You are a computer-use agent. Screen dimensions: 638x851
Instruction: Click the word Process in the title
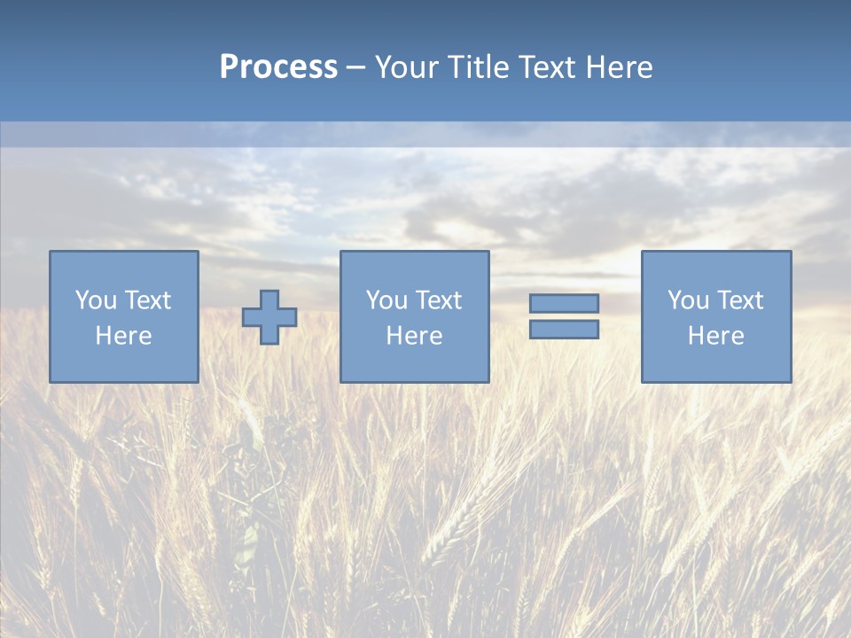click(x=278, y=67)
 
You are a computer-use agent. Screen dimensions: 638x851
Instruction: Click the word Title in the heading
click(x=480, y=67)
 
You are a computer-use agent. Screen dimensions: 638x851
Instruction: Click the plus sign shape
click(x=269, y=317)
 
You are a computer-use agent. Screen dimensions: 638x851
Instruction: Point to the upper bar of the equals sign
click(x=564, y=303)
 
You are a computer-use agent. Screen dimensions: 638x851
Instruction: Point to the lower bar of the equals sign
click(x=564, y=330)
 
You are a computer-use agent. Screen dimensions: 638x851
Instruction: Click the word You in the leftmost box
click(x=96, y=300)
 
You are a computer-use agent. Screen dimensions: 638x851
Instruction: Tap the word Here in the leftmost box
click(x=124, y=336)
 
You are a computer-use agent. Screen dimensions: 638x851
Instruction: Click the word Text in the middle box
click(x=439, y=300)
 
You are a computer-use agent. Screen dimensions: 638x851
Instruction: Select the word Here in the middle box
click(x=415, y=336)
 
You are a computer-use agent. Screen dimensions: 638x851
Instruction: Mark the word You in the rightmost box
click(x=688, y=300)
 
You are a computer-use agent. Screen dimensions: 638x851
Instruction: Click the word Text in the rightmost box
click(x=740, y=300)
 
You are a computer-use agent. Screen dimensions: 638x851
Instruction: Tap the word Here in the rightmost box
click(x=716, y=336)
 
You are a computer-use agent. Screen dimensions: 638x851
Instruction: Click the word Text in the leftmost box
click(x=148, y=300)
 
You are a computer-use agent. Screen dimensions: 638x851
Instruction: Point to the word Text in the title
click(x=547, y=67)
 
